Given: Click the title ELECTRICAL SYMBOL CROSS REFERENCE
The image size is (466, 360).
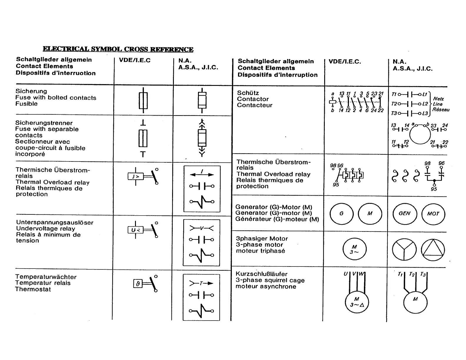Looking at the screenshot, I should [118, 49].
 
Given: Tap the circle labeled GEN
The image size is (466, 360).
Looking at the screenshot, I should [405, 214].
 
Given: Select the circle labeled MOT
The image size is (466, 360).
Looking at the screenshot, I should [433, 214].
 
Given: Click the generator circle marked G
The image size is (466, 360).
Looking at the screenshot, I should [342, 214].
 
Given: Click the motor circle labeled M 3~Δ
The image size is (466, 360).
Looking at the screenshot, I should [357, 302].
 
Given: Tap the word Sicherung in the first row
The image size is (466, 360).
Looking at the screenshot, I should [31, 91].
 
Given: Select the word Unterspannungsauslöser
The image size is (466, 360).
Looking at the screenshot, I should [55, 223].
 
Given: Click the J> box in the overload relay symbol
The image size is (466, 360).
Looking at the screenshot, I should [135, 176].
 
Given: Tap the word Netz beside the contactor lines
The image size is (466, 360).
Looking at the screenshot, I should [438, 99].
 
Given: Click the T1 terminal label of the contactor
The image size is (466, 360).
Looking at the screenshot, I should [394, 94].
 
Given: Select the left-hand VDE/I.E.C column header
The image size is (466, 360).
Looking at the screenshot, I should [135, 60].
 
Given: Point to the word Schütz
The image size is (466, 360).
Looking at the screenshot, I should [248, 93].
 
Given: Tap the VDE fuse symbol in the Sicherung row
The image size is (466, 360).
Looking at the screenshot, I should [143, 100].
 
